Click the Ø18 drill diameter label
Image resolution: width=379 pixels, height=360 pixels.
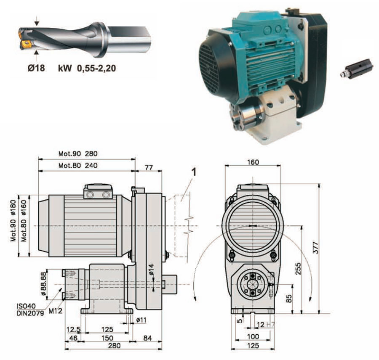click(x=36, y=68)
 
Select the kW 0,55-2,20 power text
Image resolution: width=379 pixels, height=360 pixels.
click(x=87, y=68)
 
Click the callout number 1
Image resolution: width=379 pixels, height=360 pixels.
click(x=194, y=172)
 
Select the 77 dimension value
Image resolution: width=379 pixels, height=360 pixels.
click(x=149, y=167)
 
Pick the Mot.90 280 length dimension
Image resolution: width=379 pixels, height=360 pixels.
click(x=78, y=154)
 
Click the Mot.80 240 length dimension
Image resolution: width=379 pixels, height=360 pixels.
click(x=78, y=165)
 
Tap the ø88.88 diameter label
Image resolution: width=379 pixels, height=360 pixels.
click(x=43, y=283)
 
